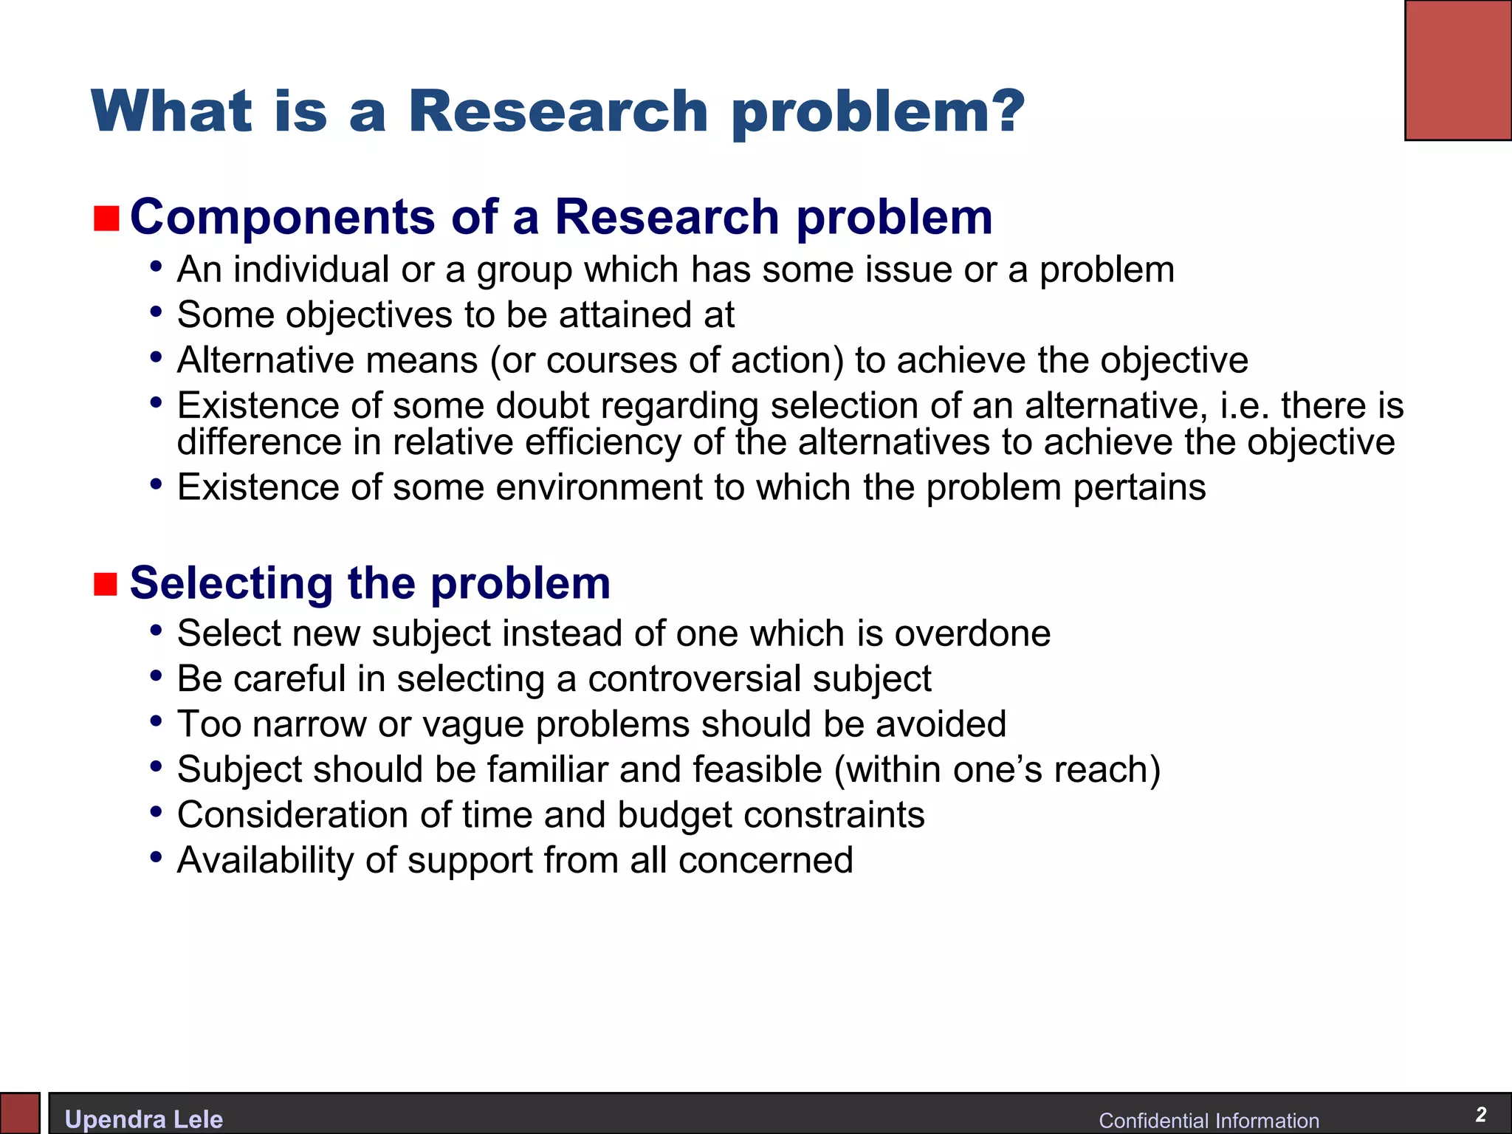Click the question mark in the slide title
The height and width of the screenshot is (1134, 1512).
[x=1003, y=111]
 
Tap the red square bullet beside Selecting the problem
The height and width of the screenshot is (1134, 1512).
[x=106, y=583]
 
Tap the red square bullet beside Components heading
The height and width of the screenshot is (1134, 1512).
[x=106, y=219]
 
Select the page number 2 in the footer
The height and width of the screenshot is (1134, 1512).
[x=1480, y=1114]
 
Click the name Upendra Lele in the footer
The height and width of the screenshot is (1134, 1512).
[x=144, y=1119]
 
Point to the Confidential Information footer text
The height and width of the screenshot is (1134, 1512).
[x=1209, y=1120]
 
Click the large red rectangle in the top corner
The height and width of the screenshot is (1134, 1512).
[x=1458, y=70]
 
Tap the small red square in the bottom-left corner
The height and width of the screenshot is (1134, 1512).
[x=19, y=1113]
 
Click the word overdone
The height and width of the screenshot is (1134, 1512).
[x=972, y=633]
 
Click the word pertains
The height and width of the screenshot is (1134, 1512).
[x=1139, y=487]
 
